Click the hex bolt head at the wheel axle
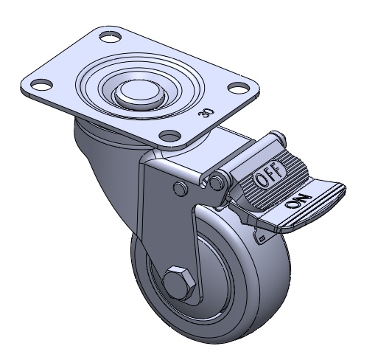pyautogui.click(x=179, y=283)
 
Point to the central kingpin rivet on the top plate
pyautogui.click(x=139, y=94)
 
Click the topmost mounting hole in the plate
pyautogui.click(x=111, y=37)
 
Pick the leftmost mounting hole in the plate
pyautogui.click(x=41, y=84)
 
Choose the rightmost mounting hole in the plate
pyautogui.click(x=239, y=88)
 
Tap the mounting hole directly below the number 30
pyautogui.click(x=170, y=135)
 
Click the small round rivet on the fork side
pyautogui.click(x=181, y=188)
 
